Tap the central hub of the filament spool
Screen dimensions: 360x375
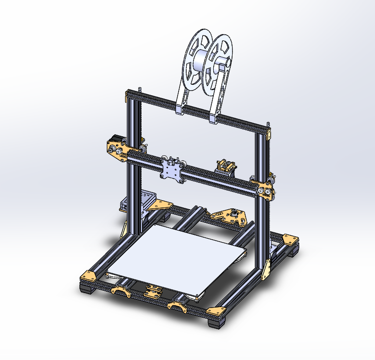[x=207, y=60]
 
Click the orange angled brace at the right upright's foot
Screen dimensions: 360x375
[x=266, y=269]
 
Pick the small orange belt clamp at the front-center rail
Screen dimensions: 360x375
[x=153, y=291]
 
